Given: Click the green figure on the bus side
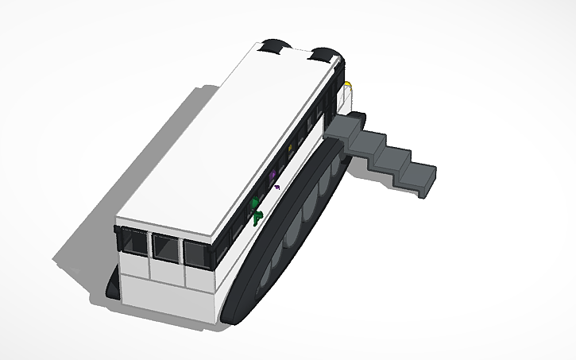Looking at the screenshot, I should point(255,211).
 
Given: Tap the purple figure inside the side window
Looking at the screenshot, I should point(273,172).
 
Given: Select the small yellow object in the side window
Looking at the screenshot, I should point(291,148).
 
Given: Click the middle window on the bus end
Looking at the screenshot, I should point(166,249).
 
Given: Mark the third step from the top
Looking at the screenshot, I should point(392,157).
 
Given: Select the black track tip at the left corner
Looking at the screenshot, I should point(114,290).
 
